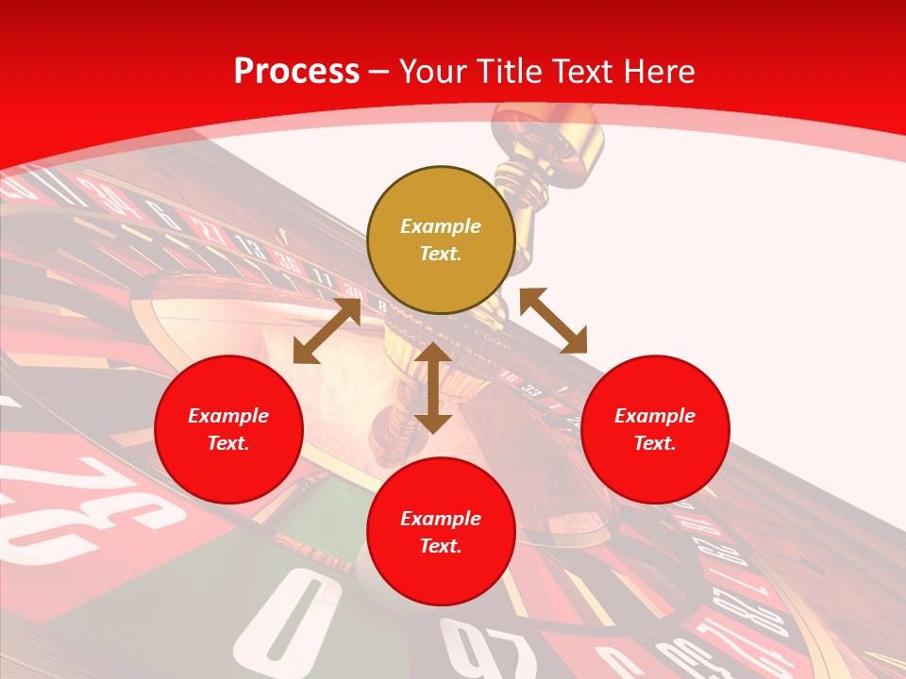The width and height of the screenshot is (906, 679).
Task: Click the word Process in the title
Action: pos(296,71)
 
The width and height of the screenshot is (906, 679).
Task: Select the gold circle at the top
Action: pos(441,240)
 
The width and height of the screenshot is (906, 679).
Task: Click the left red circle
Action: pos(228,429)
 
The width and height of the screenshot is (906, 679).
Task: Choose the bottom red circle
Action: pos(441,532)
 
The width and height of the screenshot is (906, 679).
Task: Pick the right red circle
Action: pos(655,429)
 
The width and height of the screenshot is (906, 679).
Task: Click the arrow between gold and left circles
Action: pos(327,331)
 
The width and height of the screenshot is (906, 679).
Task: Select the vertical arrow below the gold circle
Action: pos(433,388)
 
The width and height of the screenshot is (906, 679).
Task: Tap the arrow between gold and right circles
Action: pos(553,321)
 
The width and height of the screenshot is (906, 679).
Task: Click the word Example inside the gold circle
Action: pos(441,226)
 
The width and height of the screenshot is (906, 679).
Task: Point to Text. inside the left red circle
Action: pos(228,443)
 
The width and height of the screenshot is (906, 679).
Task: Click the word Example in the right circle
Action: pos(655,416)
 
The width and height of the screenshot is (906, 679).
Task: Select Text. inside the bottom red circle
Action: pos(441,546)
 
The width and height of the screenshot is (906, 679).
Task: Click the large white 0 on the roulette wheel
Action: pos(299,621)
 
